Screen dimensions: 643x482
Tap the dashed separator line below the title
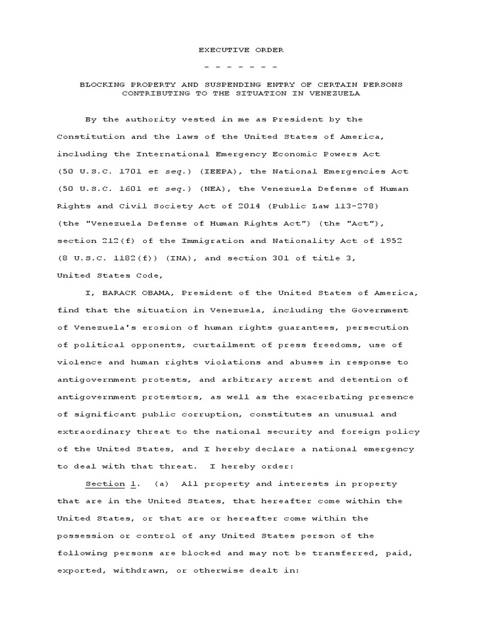coord(241,67)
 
